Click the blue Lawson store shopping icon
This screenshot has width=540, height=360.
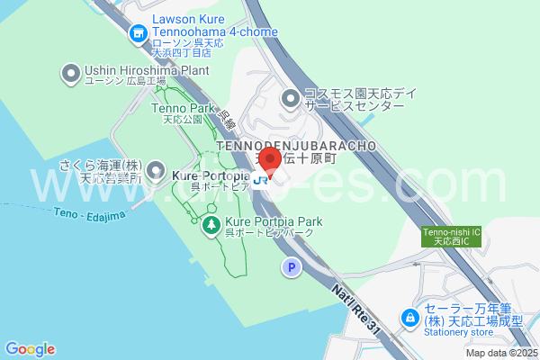(x=138, y=35)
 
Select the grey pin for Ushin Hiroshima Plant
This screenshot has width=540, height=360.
(x=70, y=73)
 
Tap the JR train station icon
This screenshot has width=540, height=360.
(x=260, y=179)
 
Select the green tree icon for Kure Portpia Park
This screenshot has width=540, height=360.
(x=211, y=224)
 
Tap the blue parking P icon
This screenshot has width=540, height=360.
(x=291, y=267)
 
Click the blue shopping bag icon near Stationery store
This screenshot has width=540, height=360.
(x=409, y=318)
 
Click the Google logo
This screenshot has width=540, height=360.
(x=30, y=349)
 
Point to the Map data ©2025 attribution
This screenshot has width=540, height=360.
(x=501, y=353)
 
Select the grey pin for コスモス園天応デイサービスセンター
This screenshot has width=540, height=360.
(x=290, y=98)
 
